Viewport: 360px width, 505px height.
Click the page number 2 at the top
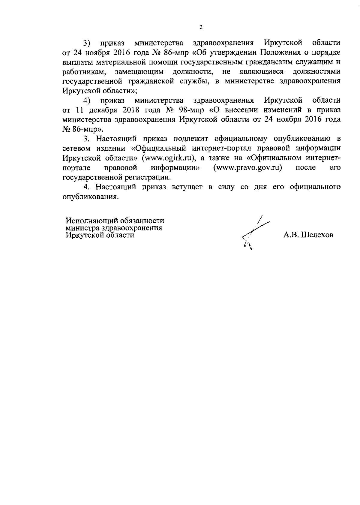(x=201, y=27)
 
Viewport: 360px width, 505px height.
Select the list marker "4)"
(x=87, y=100)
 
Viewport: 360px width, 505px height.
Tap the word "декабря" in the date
(x=103, y=110)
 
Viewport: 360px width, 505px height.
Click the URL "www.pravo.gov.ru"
(x=247, y=167)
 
